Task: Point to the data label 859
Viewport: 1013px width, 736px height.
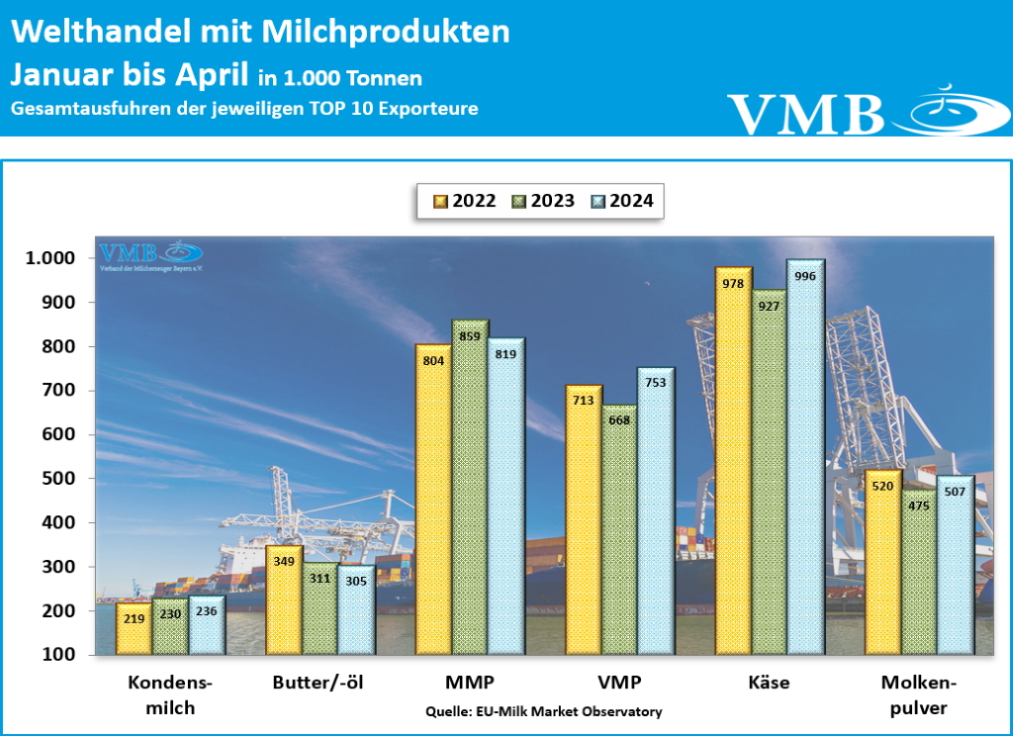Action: pyautogui.click(x=471, y=337)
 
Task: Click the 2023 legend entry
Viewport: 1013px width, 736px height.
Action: pyautogui.click(x=543, y=201)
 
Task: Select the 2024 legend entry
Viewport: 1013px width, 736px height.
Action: pyautogui.click(x=622, y=201)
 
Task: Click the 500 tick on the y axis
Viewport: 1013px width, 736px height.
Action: pyautogui.click(x=62, y=479)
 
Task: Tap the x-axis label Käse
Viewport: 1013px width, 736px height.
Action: pyautogui.click(x=771, y=683)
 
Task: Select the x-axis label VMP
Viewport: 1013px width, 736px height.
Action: pyautogui.click(x=620, y=683)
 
